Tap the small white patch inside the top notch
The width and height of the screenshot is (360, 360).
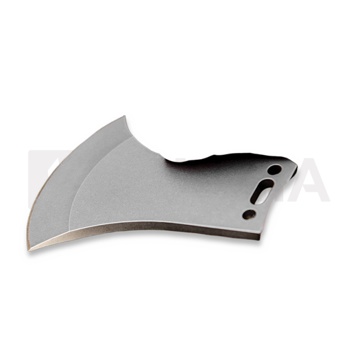click(180, 159)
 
